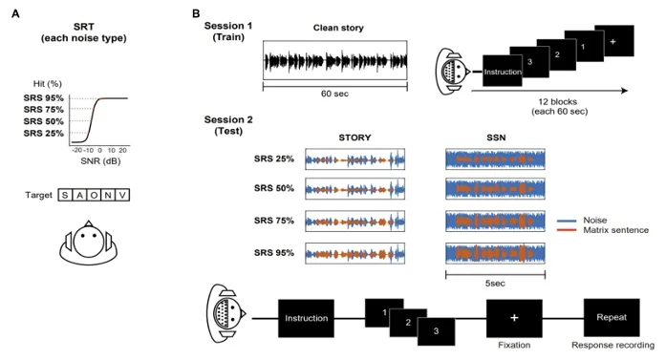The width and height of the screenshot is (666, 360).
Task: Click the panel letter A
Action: pos(15,14)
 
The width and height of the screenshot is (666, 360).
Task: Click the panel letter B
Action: pos(196,14)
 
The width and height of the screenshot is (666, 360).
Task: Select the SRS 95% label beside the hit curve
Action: pos(43,98)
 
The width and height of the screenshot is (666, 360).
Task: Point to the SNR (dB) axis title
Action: pos(100,161)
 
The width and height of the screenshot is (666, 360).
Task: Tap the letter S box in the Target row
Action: pos(65,196)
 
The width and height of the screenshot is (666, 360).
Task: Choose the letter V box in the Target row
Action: pos(122,196)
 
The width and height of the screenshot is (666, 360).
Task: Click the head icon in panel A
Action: pos(88,243)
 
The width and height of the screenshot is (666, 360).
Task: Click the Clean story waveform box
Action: pos(335,60)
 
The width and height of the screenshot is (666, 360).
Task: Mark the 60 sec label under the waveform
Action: pos(334,94)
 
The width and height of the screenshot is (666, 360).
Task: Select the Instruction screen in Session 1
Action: pos(503,71)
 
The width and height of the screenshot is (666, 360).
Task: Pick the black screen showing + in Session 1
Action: pos(614,41)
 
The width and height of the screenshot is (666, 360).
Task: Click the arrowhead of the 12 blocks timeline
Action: pos(624,91)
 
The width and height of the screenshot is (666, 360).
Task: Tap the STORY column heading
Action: pos(354,138)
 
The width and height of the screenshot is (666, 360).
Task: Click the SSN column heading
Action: pos(496,138)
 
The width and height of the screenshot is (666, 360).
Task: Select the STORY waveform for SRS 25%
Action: pos(355,159)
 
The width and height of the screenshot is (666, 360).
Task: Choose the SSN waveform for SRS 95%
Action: pos(495,253)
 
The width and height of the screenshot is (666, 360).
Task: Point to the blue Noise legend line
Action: pos(567,221)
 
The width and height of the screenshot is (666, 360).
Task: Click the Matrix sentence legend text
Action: pos(616,230)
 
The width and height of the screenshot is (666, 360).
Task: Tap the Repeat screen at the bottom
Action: pos(612,318)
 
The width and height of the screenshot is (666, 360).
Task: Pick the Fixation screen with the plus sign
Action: pos(514,318)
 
